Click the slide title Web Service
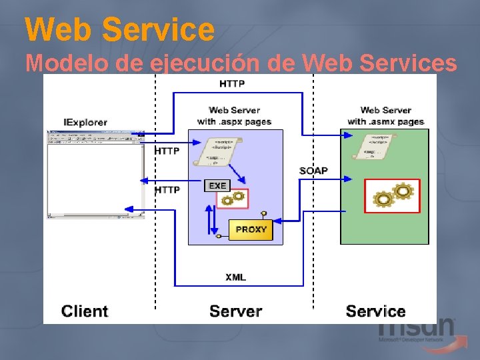click(120, 29)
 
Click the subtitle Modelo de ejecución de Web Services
click(241, 63)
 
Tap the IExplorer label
click(85, 123)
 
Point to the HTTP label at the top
click(232, 84)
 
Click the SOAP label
click(313, 171)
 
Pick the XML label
click(235, 277)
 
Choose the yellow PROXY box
click(251, 229)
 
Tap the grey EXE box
click(217, 185)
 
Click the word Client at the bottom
click(85, 311)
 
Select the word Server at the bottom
click(235, 311)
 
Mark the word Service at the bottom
click(375, 311)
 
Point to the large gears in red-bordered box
click(393, 196)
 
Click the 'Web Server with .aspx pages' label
click(234, 115)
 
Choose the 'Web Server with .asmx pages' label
click(385, 115)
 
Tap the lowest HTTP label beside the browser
click(167, 190)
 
